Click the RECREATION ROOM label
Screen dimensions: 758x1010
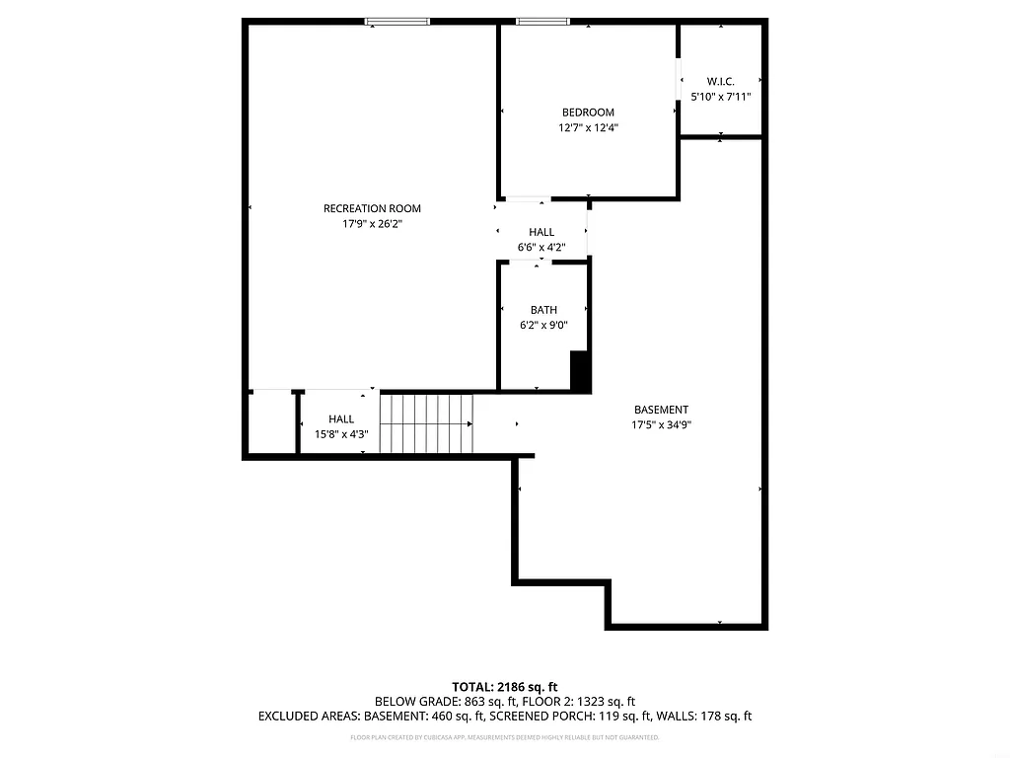coord(372,208)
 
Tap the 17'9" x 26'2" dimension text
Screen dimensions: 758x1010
coord(372,224)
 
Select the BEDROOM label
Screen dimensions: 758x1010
coord(588,113)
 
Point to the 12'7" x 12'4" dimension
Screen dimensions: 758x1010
coord(588,127)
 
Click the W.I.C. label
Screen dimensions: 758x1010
coord(721,81)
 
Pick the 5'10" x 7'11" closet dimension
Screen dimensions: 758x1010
coord(721,97)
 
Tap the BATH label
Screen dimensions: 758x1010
coord(543,310)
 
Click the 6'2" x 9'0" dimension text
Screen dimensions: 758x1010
coord(543,325)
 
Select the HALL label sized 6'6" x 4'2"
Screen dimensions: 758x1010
coord(541,232)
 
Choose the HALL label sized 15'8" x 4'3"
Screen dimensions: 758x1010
coord(341,419)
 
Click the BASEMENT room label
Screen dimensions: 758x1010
coord(661,410)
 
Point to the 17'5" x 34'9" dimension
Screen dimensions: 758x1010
coord(661,425)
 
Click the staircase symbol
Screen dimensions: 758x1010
coord(427,422)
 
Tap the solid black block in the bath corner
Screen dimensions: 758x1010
coord(580,371)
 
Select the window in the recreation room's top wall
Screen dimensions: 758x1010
coord(398,21)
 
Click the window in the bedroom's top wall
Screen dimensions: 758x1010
coord(542,21)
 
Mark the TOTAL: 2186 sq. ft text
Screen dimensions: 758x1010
coord(505,686)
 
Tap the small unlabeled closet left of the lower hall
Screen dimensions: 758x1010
coord(270,422)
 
